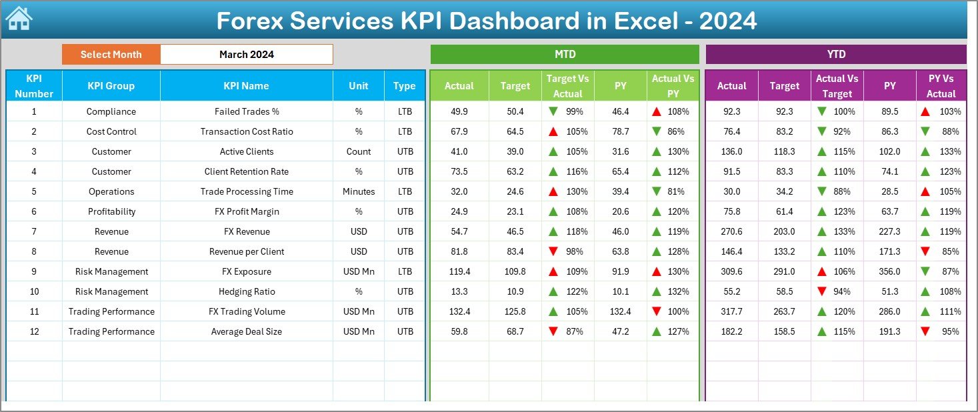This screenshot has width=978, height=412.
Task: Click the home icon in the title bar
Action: tap(19, 19)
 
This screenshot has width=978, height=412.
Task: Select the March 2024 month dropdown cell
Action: tap(246, 55)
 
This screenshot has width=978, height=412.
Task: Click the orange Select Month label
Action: tap(111, 55)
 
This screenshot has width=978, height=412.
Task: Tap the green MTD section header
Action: tap(565, 55)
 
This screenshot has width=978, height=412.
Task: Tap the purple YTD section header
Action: tap(835, 55)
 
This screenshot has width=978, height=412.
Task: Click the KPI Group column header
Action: tap(111, 86)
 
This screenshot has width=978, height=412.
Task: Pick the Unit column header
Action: tap(359, 86)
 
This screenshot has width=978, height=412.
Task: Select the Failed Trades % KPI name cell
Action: tap(247, 111)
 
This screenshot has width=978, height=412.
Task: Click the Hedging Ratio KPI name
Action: tap(247, 291)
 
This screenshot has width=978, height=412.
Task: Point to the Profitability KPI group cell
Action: tap(111, 211)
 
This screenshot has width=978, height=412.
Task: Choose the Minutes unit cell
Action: tap(359, 191)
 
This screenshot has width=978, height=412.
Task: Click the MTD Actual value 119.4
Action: tap(459, 271)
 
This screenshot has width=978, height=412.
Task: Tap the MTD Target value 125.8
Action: tap(515, 311)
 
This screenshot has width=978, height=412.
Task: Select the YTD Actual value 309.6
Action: tap(731, 271)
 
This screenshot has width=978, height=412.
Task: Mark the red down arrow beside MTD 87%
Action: tap(553, 331)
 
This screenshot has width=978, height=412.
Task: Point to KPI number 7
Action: tap(34, 231)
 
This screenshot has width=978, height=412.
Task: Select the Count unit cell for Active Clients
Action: tap(359, 151)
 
